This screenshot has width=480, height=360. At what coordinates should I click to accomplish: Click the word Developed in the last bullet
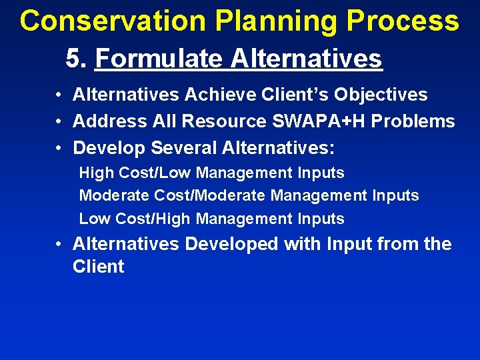(x=231, y=244)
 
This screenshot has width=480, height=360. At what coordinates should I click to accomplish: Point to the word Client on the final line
(x=98, y=267)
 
